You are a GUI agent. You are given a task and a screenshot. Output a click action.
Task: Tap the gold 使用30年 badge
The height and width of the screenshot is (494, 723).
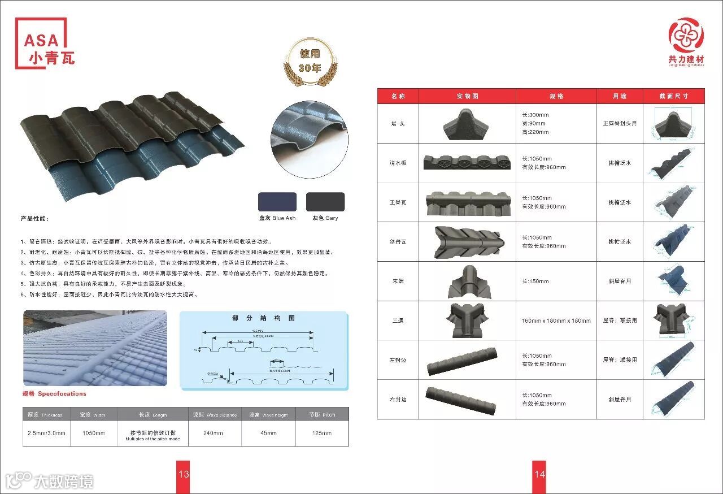(x=310, y=61)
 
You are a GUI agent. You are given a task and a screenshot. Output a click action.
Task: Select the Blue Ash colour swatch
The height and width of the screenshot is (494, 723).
(x=277, y=202)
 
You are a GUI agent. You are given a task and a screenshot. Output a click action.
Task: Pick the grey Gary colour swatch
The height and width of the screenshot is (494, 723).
(x=325, y=202)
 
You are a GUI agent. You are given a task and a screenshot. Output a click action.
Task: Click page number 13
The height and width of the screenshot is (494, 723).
(x=184, y=474)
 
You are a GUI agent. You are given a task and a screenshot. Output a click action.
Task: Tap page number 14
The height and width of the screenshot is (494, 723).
(x=540, y=474)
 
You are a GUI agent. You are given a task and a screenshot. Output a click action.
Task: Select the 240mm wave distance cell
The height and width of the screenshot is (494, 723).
(x=213, y=434)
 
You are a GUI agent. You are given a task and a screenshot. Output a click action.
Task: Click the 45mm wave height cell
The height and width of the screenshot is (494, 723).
(x=268, y=434)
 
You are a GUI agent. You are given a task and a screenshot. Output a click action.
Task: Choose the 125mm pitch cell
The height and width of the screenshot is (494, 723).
(x=322, y=434)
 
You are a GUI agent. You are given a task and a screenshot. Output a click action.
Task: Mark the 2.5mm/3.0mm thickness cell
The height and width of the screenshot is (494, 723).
(x=46, y=434)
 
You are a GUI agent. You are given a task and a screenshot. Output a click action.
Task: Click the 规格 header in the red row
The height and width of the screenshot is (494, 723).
(x=556, y=96)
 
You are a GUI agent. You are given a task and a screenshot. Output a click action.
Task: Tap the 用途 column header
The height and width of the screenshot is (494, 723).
(x=620, y=96)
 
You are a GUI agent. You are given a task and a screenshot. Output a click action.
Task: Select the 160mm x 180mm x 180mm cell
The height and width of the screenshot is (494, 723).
(x=556, y=320)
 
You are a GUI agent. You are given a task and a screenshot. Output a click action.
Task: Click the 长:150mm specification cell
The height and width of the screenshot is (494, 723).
(x=556, y=281)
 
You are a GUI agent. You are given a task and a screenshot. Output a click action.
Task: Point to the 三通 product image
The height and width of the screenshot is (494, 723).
(x=467, y=320)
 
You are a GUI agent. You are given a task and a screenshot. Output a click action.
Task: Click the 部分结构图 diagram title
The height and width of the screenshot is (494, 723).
(x=264, y=318)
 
